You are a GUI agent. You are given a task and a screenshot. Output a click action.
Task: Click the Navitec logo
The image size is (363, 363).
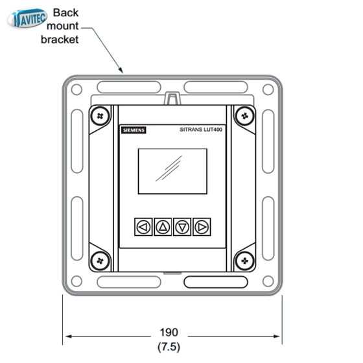tap(27, 18)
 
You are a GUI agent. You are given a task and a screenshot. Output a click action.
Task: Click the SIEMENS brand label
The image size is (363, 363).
tap(134, 130)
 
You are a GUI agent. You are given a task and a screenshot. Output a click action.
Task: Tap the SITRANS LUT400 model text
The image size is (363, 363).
tap(201, 130)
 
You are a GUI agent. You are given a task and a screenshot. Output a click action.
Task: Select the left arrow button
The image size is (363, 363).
tap(143, 227)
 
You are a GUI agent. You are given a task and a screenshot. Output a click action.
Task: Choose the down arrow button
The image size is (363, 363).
tap(182, 227)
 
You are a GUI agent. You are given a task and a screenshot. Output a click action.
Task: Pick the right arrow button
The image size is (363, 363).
tap(202, 227)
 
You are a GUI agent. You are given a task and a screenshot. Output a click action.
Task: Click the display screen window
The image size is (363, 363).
tap(172, 171)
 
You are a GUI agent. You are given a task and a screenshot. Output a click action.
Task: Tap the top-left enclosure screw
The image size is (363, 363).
tap(100, 116)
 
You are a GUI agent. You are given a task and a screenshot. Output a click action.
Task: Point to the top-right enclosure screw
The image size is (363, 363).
tap(245, 116)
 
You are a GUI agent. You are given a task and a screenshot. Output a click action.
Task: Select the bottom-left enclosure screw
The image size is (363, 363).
tap(100, 261)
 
